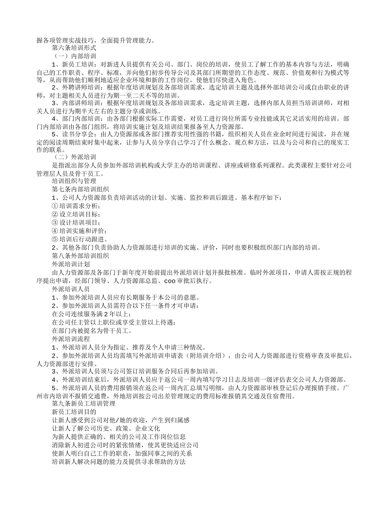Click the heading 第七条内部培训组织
pos(80,189)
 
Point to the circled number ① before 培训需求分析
pos(55,206)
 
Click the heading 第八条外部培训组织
pos(80,256)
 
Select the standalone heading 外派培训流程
pos(71,339)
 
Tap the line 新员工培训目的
pos(74,412)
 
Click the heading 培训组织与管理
pos(74,181)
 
